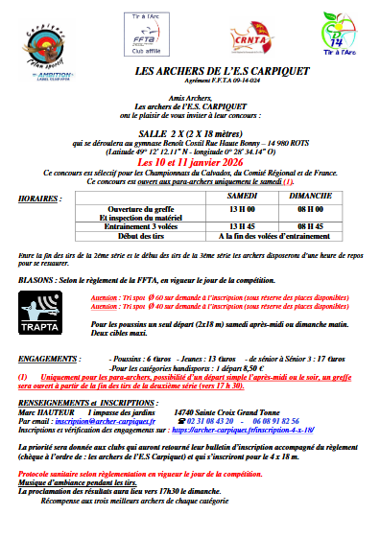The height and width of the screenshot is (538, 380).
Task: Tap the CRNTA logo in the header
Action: (251, 35)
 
